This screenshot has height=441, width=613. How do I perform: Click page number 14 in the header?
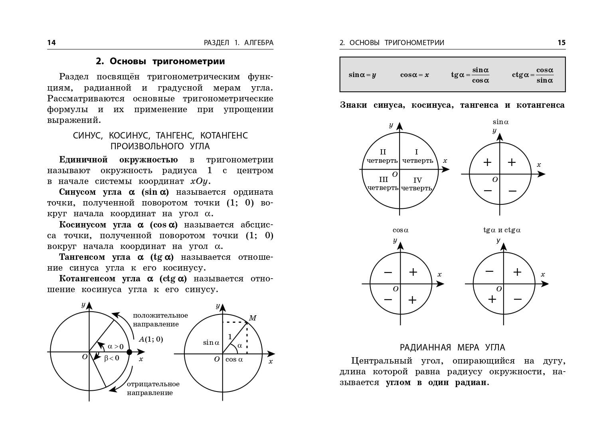(x=51, y=43)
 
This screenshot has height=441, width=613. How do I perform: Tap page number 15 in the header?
(x=561, y=43)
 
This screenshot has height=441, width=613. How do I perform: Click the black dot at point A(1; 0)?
(x=129, y=352)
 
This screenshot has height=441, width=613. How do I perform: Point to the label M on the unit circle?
(x=252, y=318)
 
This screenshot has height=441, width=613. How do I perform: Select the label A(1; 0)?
(x=151, y=339)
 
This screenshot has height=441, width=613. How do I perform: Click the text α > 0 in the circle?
(x=116, y=346)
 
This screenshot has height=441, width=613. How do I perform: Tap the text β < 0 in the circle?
(x=112, y=358)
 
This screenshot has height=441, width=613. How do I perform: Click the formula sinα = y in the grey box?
(x=362, y=75)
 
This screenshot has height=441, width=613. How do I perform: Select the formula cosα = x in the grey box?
(x=415, y=75)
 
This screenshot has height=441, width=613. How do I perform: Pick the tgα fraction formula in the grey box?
(x=470, y=75)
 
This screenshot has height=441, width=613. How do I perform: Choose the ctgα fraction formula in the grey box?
(x=533, y=75)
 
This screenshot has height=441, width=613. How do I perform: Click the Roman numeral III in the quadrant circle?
(x=383, y=180)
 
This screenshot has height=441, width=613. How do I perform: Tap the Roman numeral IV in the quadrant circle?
(x=417, y=180)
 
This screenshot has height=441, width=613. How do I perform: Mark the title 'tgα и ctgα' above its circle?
(x=502, y=230)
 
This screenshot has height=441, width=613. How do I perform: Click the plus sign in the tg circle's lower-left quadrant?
(x=492, y=299)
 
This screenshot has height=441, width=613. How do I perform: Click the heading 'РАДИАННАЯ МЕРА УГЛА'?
(x=453, y=347)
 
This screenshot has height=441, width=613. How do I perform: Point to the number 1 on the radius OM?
(x=230, y=336)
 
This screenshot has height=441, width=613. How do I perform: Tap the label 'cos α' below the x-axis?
(x=234, y=359)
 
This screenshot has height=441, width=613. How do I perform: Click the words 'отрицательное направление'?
(x=153, y=388)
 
